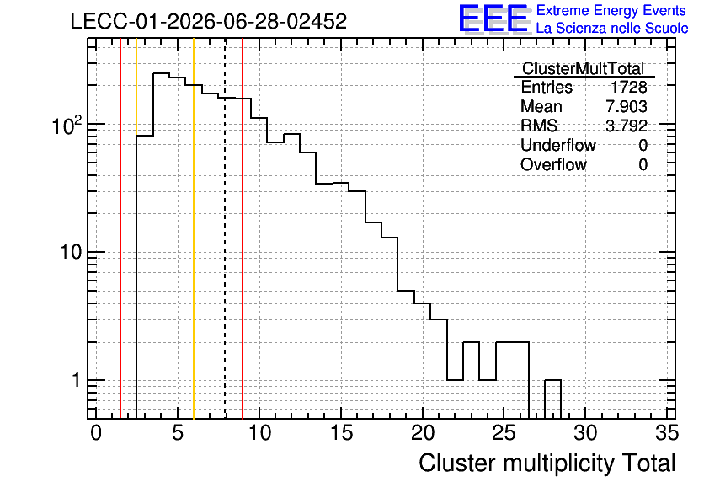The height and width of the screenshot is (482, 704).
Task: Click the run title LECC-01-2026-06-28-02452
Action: (209, 21)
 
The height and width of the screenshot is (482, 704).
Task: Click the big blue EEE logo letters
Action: (493, 19)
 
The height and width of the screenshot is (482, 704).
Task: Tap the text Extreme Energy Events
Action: (611, 10)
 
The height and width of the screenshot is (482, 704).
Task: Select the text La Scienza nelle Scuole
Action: (612, 28)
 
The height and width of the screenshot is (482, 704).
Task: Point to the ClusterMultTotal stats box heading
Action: (584, 68)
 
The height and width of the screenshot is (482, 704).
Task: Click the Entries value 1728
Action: (628, 87)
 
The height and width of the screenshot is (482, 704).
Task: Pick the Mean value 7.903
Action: (627, 106)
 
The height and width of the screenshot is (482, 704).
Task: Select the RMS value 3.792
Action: (627, 126)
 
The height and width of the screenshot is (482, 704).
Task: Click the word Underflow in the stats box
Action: (558, 145)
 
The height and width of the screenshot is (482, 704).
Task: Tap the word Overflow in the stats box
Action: (553, 164)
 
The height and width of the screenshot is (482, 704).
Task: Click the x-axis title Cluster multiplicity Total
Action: (547, 463)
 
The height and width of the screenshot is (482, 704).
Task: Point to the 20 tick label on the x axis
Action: (423, 433)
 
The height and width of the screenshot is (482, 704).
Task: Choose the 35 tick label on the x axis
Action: (667, 433)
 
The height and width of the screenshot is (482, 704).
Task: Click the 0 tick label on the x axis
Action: (96, 433)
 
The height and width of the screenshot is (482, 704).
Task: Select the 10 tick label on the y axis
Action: (71, 252)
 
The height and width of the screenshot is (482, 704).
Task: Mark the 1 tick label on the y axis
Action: (76, 380)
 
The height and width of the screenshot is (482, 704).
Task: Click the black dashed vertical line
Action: (225, 228)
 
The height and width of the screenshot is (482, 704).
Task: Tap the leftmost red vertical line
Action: (120, 228)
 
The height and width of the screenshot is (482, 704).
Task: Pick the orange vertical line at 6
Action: (194, 228)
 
